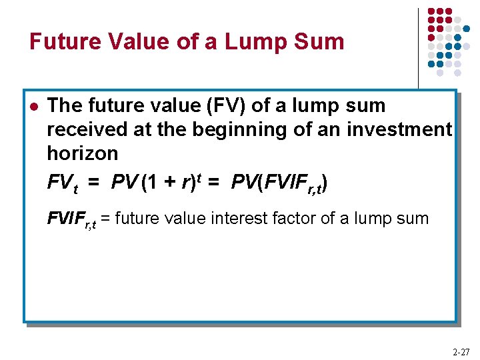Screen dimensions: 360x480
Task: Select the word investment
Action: click(x=400, y=129)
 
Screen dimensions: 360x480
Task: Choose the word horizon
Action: click(x=82, y=153)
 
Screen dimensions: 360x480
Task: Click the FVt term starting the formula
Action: click(x=62, y=182)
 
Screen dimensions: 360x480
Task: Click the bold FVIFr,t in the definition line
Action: click(x=71, y=218)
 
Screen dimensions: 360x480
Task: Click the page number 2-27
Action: click(x=460, y=351)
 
